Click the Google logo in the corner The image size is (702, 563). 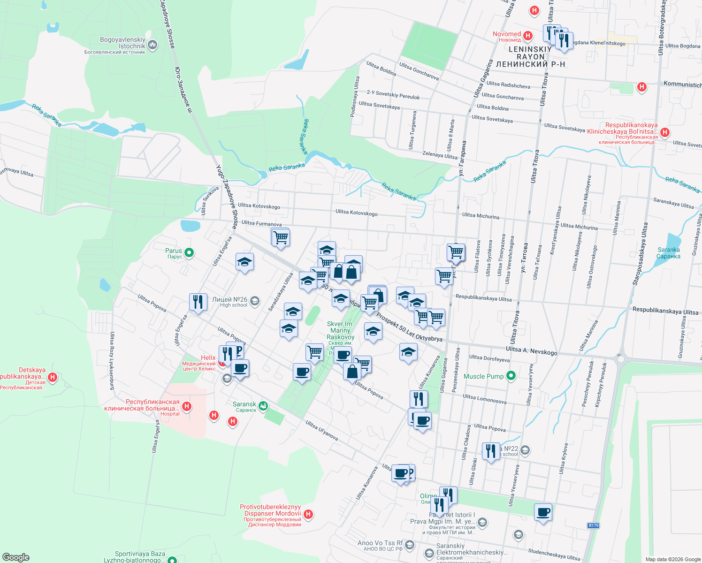click(16, 557)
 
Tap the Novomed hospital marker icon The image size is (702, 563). click(528, 36)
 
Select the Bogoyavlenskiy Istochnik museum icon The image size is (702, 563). click(152, 45)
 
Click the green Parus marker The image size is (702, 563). click(189, 253)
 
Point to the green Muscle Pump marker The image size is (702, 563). click(511, 375)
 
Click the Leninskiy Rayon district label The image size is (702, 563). click(530, 56)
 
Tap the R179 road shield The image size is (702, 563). click(594, 525)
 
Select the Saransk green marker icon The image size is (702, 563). click(263, 405)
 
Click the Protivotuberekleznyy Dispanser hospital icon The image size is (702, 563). click(308, 514)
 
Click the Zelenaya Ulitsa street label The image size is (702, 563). click(440, 155)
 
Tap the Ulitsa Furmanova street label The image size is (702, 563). click(261, 223)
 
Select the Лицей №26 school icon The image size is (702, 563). click(255, 301)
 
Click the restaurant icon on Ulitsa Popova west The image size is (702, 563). click(198, 301)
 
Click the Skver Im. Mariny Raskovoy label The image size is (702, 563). click(340, 330)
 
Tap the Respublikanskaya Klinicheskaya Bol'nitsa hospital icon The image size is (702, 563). click(664, 133)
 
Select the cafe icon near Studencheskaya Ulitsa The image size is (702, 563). click(543, 512)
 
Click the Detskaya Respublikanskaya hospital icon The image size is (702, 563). click(53, 377)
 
